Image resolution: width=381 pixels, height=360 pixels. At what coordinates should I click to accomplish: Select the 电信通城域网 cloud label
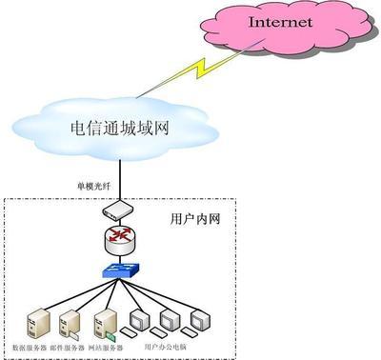pyautogui.click(x=120, y=128)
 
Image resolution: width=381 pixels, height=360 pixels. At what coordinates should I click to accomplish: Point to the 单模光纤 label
pyautogui.click(x=95, y=183)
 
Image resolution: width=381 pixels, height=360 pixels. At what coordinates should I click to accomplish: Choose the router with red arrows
pyautogui.click(x=121, y=239)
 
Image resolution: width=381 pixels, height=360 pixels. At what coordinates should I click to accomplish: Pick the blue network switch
pyautogui.click(x=121, y=271)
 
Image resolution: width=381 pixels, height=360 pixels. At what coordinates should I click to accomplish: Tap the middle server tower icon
pyautogui.click(x=66, y=322)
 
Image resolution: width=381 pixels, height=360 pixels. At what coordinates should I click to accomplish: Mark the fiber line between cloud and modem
pyautogui.click(x=121, y=176)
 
